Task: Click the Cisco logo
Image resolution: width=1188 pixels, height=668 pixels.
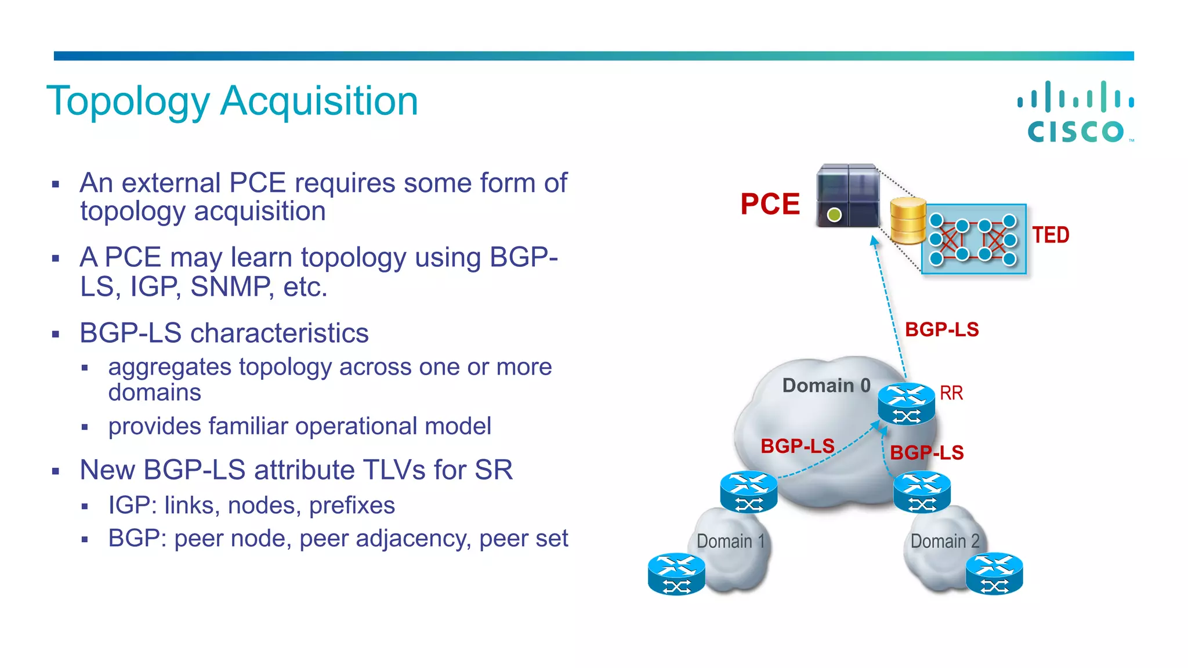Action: click(1076, 112)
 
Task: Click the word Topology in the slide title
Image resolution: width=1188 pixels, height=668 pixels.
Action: click(128, 101)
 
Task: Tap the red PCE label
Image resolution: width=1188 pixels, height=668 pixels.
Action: click(770, 204)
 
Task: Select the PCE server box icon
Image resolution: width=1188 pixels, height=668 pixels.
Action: click(847, 195)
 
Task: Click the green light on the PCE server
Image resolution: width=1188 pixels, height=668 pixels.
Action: click(834, 215)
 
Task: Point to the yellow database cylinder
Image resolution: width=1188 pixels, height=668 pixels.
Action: click(908, 220)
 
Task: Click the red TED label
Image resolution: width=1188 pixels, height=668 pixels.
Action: click(1050, 235)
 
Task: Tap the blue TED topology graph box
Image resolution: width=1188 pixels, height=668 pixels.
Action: click(974, 239)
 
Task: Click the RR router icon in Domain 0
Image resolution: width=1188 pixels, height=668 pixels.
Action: click(906, 404)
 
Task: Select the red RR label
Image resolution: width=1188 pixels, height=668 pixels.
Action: click(951, 393)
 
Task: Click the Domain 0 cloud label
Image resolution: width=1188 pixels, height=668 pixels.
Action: click(826, 386)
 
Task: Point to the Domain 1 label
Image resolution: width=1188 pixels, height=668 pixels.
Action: click(730, 542)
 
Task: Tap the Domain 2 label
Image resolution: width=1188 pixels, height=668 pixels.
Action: click(944, 542)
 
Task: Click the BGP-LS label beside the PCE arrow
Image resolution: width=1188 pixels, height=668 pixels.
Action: click(941, 329)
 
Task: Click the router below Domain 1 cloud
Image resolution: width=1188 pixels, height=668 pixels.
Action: click(676, 574)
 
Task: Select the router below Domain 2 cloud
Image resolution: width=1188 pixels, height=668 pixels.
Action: click(994, 574)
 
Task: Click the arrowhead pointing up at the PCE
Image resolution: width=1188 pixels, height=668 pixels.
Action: click(874, 241)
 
